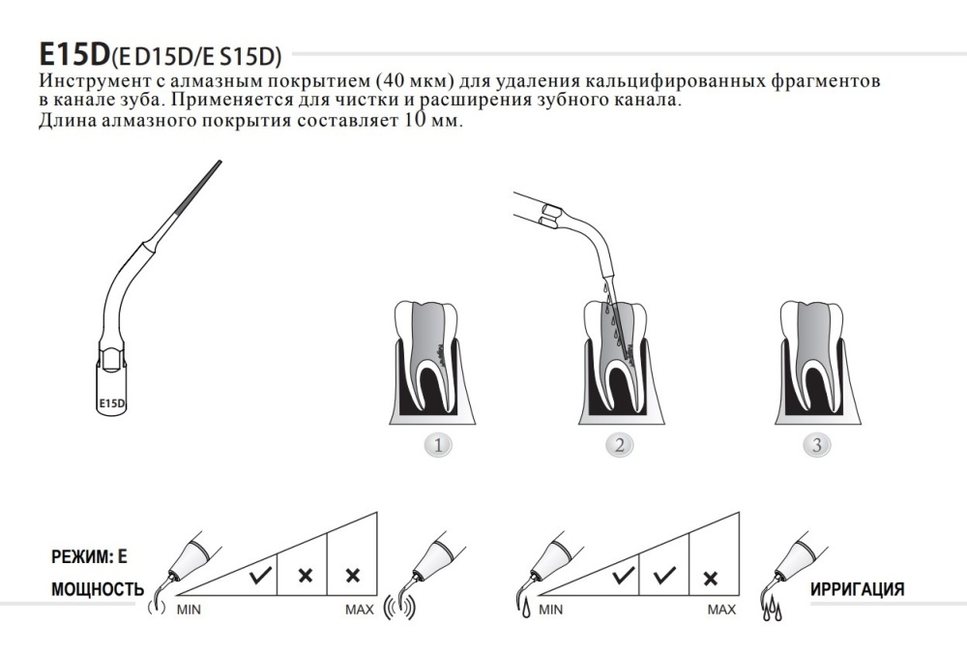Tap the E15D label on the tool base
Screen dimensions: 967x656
coord(111,404)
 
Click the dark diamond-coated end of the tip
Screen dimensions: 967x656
coord(198,187)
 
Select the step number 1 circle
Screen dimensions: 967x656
coord(438,445)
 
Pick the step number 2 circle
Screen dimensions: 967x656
coord(620,445)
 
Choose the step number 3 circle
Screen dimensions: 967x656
coord(816,445)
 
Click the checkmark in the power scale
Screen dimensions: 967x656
coord(261,576)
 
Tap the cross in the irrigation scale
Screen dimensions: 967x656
coord(711,579)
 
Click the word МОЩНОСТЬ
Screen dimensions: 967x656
coord(98,589)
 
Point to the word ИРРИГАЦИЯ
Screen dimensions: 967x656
coord(857,589)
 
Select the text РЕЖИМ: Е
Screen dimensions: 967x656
coord(89,556)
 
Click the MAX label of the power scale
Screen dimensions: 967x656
coord(360,610)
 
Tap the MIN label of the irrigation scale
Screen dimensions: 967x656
coord(551,610)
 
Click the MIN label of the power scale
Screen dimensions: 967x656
coord(189,610)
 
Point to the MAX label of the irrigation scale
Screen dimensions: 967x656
coord(721,610)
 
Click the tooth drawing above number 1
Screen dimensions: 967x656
coord(432,363)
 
